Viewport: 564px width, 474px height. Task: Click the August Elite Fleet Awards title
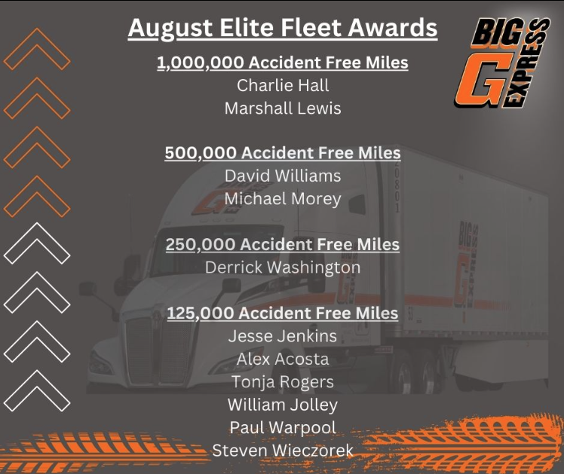tap(282, 29)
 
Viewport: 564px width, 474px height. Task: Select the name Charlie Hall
tap(283, 85)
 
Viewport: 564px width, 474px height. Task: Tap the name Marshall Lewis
tap(283, 109)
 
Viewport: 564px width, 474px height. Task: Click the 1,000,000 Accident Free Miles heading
tap(283, 63)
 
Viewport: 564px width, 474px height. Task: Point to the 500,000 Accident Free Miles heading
tap(283, 153)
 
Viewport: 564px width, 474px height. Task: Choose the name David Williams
tap(283, 176)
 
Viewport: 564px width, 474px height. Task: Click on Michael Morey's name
tap(283, 199)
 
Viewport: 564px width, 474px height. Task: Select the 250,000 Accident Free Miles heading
tap(283, 244)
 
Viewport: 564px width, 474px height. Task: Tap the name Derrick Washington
tap(283, 268)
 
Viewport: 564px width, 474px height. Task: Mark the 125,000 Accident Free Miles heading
tap(283, 313)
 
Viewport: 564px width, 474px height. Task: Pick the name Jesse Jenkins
tap(283, 336)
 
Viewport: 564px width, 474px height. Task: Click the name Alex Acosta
tap(283, 359)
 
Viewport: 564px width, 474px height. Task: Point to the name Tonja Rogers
tap(283, 382)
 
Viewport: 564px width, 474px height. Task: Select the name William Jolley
tap(283, 405)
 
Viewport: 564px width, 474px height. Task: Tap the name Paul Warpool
tap(283, 428)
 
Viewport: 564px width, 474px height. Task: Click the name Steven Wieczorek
tap(283, 451)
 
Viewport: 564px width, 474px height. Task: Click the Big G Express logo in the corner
tap(501, 63)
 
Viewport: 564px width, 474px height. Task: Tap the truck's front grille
tap(158, 350)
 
